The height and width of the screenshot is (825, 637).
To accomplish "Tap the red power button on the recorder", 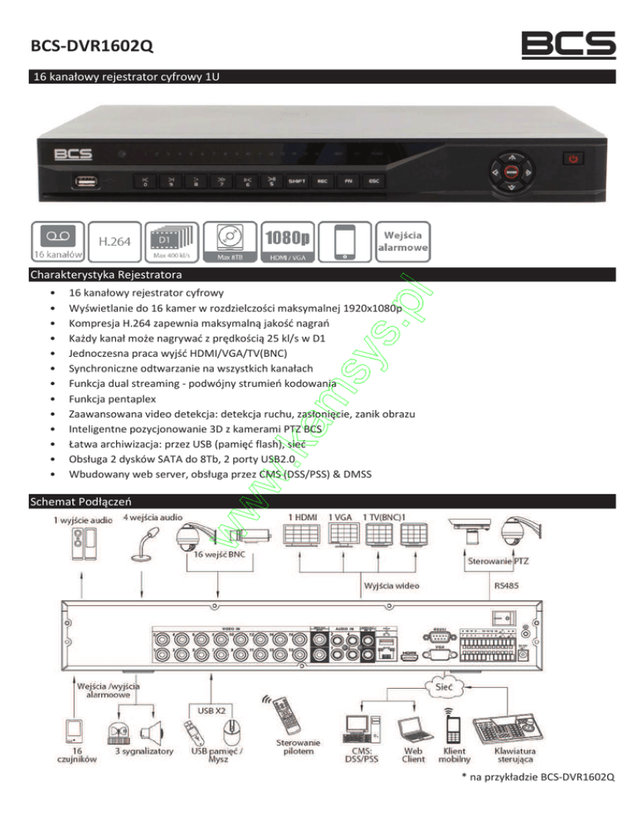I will (x=572, y=157).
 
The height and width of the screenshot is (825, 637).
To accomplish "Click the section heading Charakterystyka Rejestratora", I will (x=106, y=274).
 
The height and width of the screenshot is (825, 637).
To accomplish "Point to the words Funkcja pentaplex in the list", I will (x=110, y=398).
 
